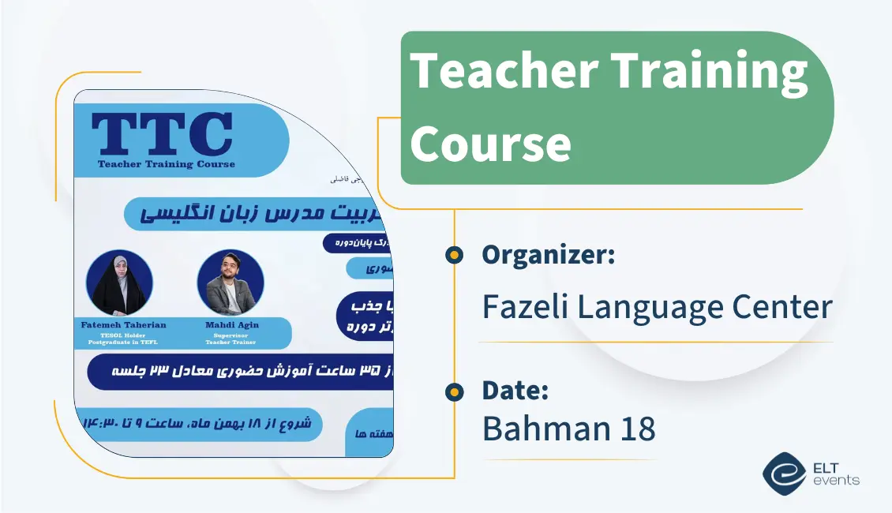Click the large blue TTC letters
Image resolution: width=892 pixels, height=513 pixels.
point(162,134)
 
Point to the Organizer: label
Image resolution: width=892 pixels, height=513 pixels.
point(549,255)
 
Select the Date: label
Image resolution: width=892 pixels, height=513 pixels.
point(515,390)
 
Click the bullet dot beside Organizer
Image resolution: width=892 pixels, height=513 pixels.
point(454,254)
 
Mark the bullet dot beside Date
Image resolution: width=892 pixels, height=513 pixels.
point(454,391)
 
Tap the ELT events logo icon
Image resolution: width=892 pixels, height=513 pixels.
point(783,473)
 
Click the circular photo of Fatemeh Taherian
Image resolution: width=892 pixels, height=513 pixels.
point(118,283)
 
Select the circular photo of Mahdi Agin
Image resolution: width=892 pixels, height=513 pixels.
point(230,283)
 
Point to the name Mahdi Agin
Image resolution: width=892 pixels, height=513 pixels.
point(230,324)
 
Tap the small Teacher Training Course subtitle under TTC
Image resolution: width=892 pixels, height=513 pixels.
point(167,164)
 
